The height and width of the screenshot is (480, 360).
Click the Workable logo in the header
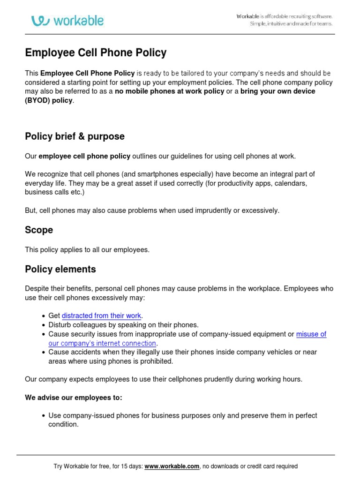tap(67, 21)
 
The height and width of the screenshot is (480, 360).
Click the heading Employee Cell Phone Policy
tap(96, 52)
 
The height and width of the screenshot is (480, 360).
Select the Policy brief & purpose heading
tap(75, 136)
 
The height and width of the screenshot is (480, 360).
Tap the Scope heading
tap(39, 230)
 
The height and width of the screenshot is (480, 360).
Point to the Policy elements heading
tap(60, 269)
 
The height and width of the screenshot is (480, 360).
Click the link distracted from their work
tap(101, 316)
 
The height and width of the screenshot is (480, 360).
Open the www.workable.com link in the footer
tap(172, 466)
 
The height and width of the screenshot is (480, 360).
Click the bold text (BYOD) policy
tap(49, 100)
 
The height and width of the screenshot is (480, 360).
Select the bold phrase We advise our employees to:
tap(74, 397)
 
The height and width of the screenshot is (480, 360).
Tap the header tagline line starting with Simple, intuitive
tap(291, 24)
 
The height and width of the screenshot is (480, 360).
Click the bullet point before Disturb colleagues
tap(44, 325)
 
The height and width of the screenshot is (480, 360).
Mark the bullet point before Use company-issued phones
tap(44, 416)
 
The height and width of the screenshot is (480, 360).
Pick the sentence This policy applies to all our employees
tap(87, 250)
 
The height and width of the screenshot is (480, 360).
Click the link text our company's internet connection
tap(102, 343)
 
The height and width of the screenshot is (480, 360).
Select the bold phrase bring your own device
tap(277, 91)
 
